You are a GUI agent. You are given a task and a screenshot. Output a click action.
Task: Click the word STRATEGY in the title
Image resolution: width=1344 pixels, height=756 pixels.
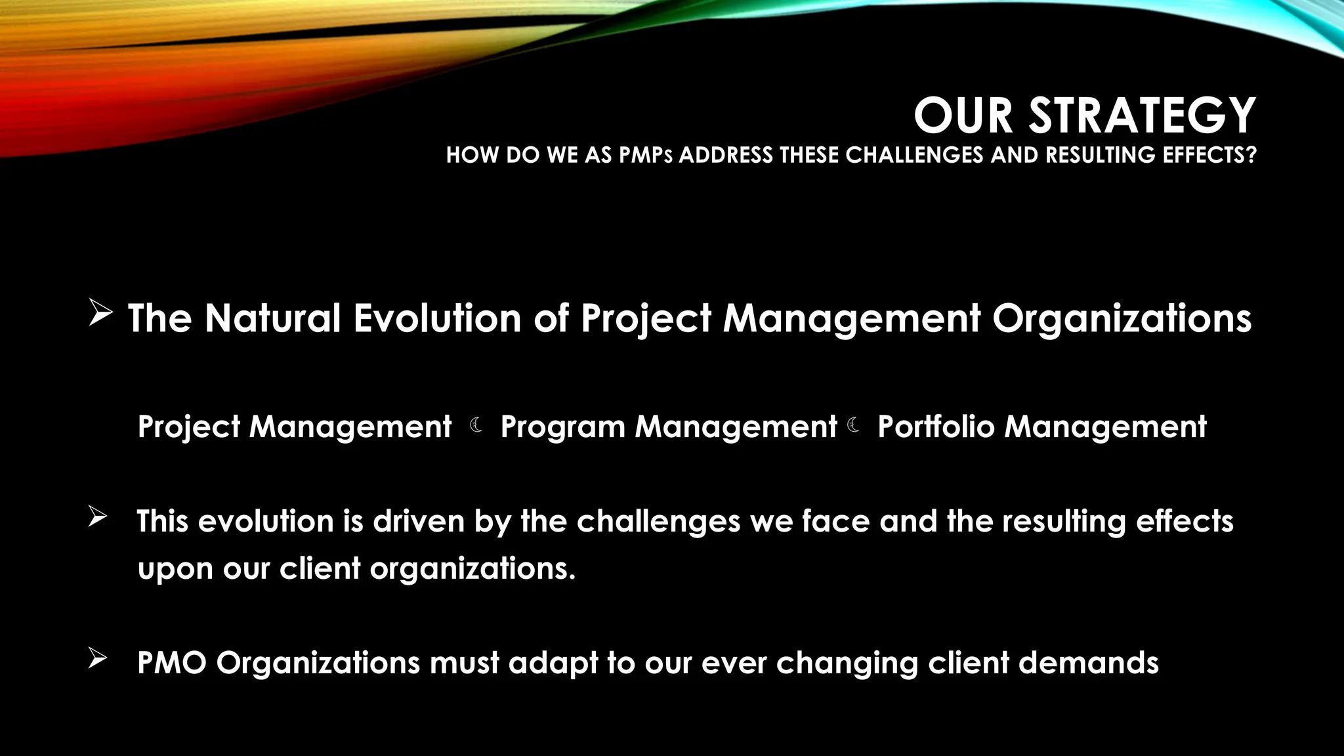pyautogui.click(x=1142, y=115)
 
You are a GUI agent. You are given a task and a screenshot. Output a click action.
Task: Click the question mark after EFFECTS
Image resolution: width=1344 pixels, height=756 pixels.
pyautogui.click(x=1251, y=155)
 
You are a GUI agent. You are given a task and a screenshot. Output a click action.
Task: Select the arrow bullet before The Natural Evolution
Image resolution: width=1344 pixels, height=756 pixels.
pyautogui.click(x=100, y=314)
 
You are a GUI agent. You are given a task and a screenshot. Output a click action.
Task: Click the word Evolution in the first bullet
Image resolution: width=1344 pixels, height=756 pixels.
pyautogui.click(x=438, y=319)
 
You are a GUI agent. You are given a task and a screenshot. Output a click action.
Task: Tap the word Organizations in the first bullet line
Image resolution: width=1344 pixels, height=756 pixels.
pyautogui.click(x=1121, y=319)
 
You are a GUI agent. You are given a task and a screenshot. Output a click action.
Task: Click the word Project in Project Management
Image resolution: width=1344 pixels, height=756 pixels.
pyautogui.click(x=189, y=428)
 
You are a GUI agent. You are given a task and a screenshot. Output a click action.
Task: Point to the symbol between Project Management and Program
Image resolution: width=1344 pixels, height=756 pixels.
pyautogui.click(x=477, y=426)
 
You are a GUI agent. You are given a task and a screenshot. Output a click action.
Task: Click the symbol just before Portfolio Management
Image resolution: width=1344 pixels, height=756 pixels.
pyautogui.click(x=854, y=426)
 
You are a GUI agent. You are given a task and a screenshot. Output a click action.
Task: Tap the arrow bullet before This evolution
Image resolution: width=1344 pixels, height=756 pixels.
pyautogui.click(x=97, y=517)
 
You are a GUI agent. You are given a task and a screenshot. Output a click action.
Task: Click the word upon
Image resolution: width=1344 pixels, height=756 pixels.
pyautogui.click(x=175, y=569)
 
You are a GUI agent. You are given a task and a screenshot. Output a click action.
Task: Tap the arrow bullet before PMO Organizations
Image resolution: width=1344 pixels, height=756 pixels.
pyautogui.click(x=97, y=658)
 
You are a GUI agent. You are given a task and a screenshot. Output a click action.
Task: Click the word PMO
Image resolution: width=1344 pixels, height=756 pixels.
pyautogui.click(x=172, y=663)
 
